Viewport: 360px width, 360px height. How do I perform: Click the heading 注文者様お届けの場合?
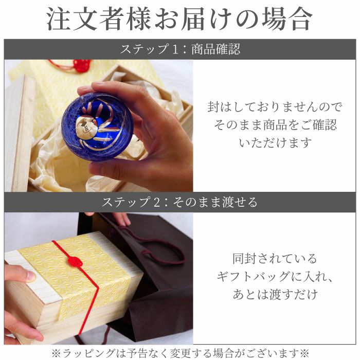[x=179, y=19]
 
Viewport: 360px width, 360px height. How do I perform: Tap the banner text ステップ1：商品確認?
[x=179, y=49]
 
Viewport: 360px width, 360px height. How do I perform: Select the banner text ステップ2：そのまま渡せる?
[x=179, y=202]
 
